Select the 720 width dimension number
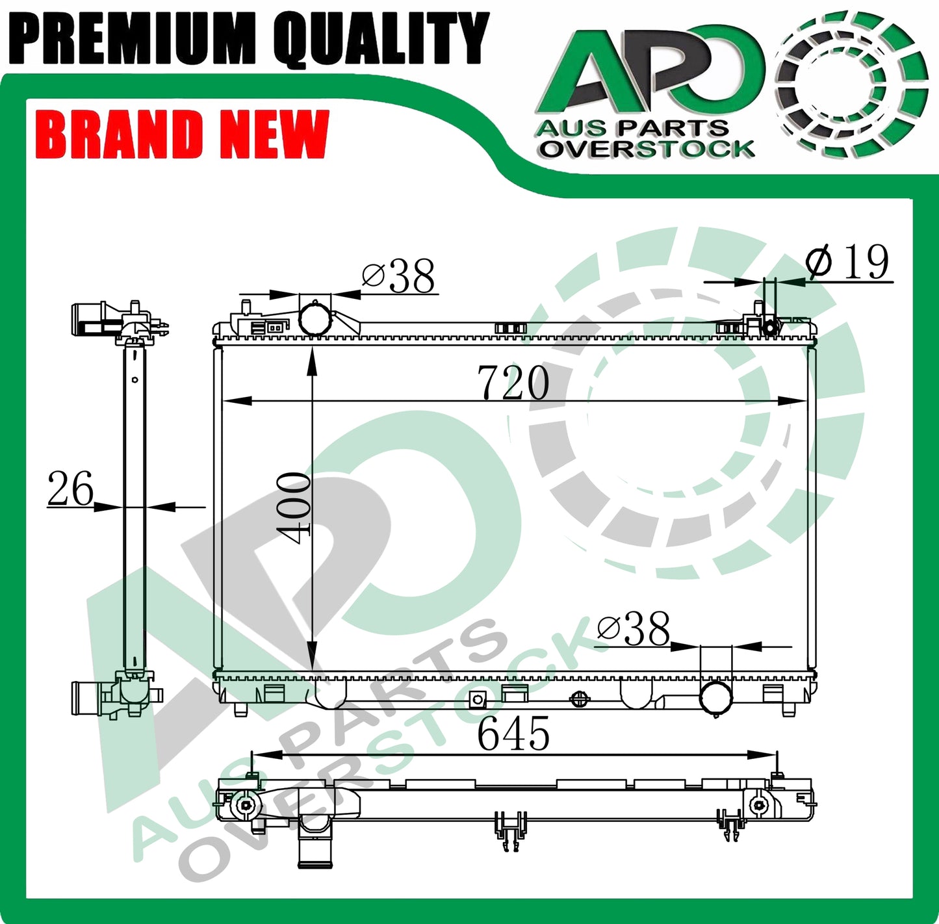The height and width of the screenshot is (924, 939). (x=513, y=383)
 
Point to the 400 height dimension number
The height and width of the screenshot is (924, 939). (x=294, y=507)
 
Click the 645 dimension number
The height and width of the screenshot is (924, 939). (x=513, y=734)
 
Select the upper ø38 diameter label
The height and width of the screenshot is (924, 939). (x=398, y=276)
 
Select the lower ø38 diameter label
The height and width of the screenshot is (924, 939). (x=633, y=628)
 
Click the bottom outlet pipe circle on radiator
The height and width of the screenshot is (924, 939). (x=716, y=696)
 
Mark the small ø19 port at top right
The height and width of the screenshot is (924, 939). (x=770, y=327)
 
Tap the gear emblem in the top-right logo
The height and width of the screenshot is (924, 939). (x=851, y=84)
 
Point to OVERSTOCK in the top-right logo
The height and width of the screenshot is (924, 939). (x=647, y=149)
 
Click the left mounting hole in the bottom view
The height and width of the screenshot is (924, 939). (x=245, y=805)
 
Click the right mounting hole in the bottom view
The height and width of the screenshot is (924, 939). (x=758, y=805)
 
